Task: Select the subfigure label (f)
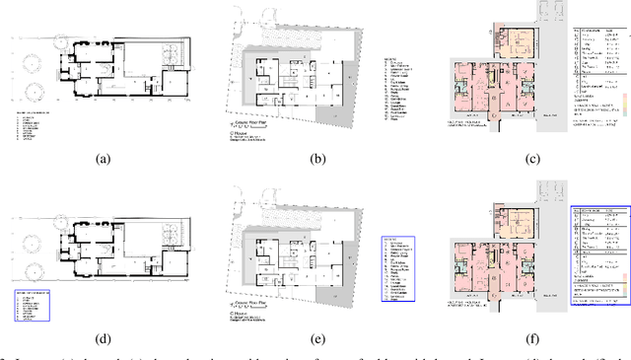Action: click(x=532, y=338)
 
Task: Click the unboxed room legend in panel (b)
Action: click(x=400, y=88)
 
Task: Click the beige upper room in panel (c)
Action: click(x=514, y=41)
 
